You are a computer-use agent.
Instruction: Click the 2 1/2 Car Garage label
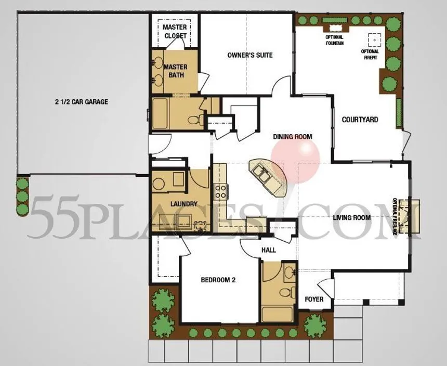82,102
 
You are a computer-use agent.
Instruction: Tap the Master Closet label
175,31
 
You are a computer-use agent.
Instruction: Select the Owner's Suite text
250,55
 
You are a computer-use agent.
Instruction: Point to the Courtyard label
360,120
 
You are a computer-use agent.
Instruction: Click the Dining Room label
293,137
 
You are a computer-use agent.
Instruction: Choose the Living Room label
352,218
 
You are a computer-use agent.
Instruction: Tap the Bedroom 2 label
218,280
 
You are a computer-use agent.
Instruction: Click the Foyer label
314,299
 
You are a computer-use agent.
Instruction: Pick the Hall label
269,250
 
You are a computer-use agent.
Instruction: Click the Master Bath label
176,71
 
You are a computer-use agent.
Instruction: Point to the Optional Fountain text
335,40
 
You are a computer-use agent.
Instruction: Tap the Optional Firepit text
370,55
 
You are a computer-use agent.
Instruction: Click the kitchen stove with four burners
220,191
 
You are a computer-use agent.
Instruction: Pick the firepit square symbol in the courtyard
374,40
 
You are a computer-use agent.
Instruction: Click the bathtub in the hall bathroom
278,314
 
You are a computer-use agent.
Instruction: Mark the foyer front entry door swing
325,289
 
